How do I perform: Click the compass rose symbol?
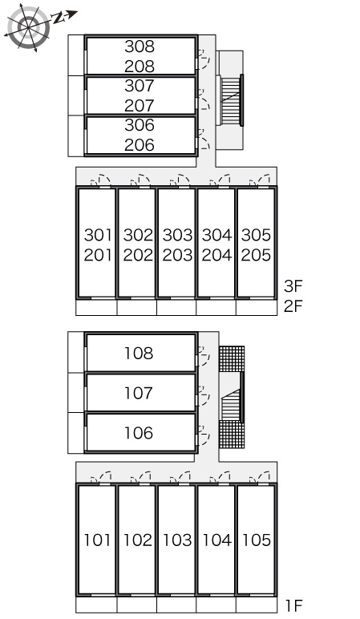point(28,26)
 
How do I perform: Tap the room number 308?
point(140,47)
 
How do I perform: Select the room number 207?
point(140,105)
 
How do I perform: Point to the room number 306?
point(140,125)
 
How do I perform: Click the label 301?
point(99,235)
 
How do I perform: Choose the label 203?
point(177,255)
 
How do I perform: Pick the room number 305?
point(257,235)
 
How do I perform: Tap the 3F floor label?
point(293,286)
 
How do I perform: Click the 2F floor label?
point(293,306)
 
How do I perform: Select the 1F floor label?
point(293,605)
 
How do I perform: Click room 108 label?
point(139,354)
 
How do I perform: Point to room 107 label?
point(139,393)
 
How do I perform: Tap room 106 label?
point(139,433)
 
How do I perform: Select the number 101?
point(98,540)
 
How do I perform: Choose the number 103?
point(177,540)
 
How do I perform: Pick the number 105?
point(257,540)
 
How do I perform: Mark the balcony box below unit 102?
point(136,605)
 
